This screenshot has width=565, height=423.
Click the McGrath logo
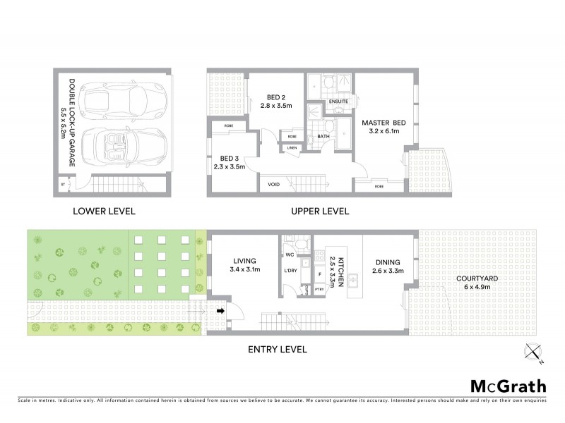pyautogui.click(x=508, y=386)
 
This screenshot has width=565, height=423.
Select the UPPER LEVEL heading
pyautogui.click(x=321, y=211)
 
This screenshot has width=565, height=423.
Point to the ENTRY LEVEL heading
pyautogui.click(x=278, y=348)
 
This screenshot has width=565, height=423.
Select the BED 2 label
pyautogui.click(x=275, y=98)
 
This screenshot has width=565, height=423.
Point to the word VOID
pyautogui.click(x=274, y=185)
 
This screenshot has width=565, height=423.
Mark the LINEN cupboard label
pyautogui.click(x=292, y=147)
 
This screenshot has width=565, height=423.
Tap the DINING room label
pyautogui.click(x=386, y=260)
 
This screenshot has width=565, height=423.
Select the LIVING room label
pyautogui.click(x=245, y=260)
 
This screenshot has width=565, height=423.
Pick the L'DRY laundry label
pyautogui.click(x=290, y=271)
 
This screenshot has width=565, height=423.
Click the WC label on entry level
pyautogui.click(x=290, y=254)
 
